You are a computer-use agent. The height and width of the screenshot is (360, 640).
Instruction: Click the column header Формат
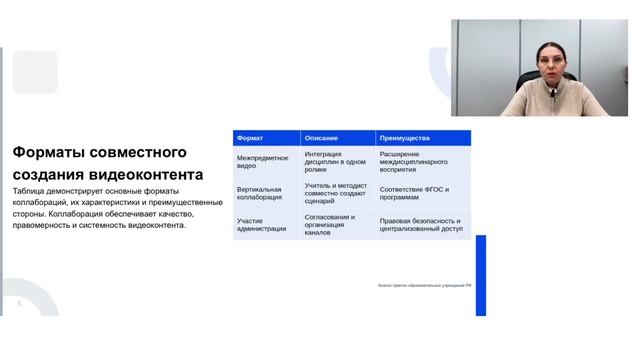[251, 138]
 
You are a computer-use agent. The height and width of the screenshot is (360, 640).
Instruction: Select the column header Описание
[321, 138]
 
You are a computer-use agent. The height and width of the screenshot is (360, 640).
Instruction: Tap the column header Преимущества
[405, 138]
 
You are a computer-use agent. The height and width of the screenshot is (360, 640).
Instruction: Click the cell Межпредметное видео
[262, 162]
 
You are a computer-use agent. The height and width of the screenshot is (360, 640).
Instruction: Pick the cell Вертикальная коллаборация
[259, 193]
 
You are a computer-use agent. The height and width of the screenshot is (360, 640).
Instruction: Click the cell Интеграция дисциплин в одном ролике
[329, 162]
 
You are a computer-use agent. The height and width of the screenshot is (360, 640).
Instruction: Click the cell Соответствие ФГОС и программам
[414, 193]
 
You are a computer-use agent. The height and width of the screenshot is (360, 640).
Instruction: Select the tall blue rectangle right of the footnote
[480, 275]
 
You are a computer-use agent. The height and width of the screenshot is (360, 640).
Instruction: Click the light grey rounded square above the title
[35, 72]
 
